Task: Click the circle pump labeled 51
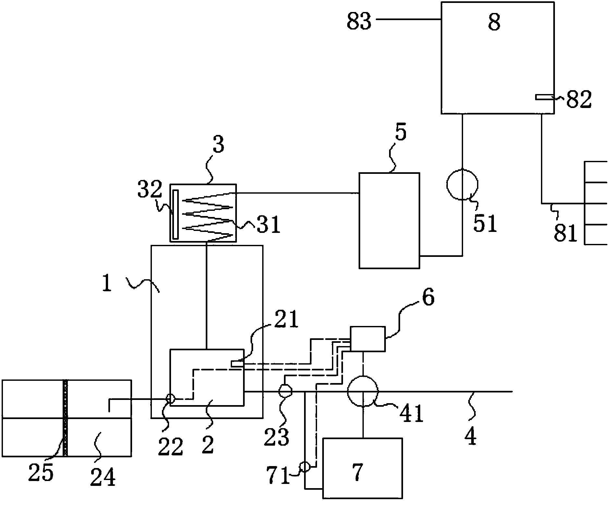click(462, 184)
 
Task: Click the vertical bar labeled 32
click(176, 215)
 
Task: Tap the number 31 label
click(268, 225)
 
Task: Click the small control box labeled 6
click(368, 339)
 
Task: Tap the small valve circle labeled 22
click(170, 398)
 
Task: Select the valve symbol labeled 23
click(286, 391)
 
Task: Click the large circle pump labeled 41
click(363, 391)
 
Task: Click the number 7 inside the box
click(357, 472)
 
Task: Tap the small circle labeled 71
click(305, 467)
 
